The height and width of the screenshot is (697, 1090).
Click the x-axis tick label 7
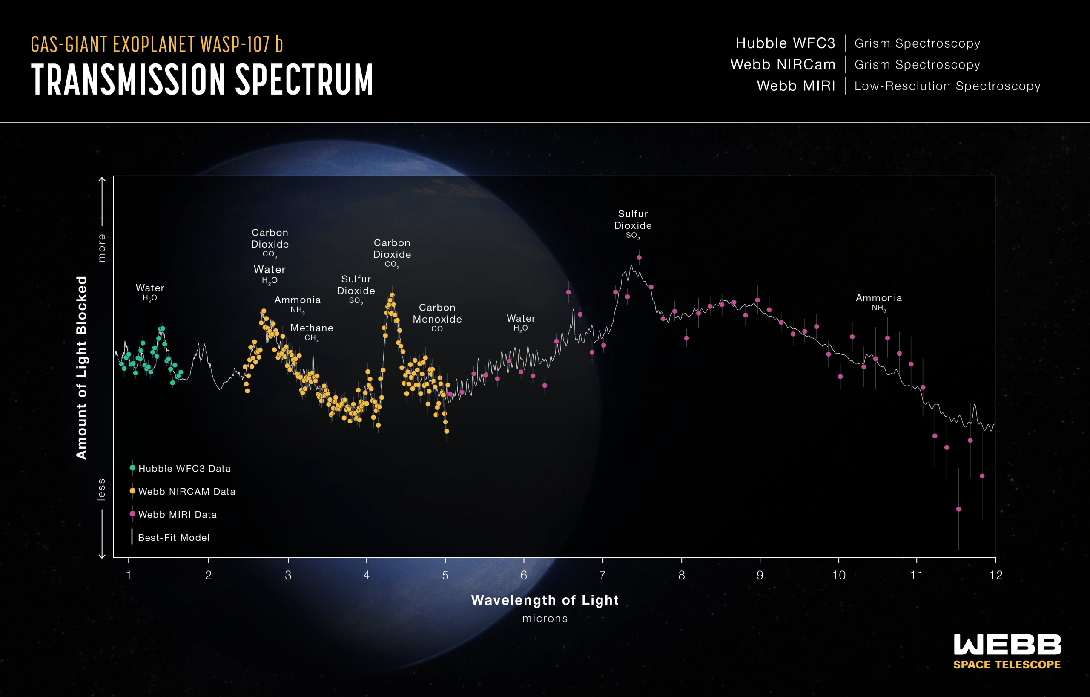click(602, 575)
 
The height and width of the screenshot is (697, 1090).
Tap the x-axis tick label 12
click(996, 575)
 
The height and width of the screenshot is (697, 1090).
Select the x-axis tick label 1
click(129, 575)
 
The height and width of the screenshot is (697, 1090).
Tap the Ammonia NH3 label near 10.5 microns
click(879, 302)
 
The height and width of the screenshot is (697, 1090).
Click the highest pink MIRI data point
click(639, 258)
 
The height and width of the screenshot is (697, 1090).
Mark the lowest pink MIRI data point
click(959, 510)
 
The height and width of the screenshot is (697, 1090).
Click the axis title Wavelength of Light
click(545, 600)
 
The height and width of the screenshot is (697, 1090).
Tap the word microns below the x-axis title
click(545, 619)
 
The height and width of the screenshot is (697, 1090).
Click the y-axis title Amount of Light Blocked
click(81, 368)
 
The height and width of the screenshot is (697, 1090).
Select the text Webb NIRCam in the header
click(783, 65)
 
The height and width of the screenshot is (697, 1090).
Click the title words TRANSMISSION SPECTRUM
click(202, 79)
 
